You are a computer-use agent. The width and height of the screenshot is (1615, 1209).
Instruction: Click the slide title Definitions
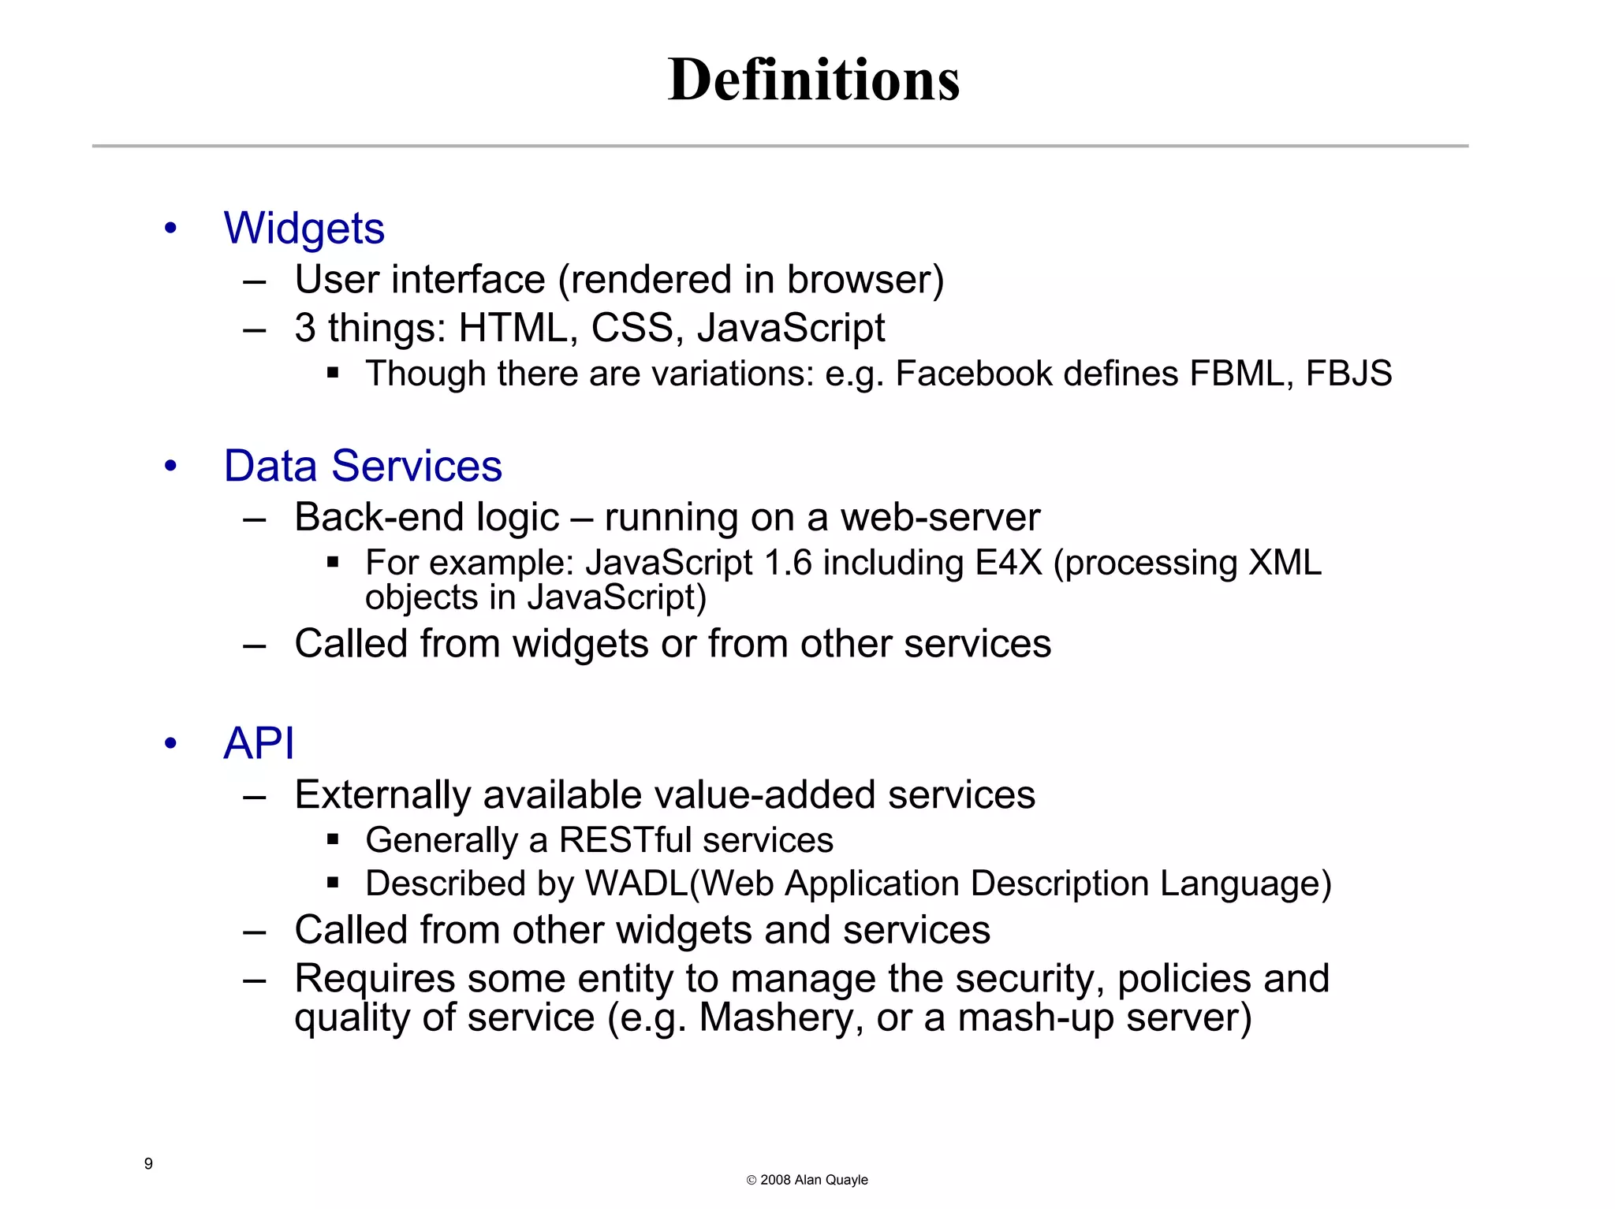(x=813, y=80)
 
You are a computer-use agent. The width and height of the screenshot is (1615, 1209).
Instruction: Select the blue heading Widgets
(x=304, y=229)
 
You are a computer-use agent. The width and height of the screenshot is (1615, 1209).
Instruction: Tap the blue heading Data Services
(x=363, y=466)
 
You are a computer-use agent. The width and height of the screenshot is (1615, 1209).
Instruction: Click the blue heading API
(x=259, y=743)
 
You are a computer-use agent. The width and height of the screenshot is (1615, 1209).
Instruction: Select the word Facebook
(x=973, y=374)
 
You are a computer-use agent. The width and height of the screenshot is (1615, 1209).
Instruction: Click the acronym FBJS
(x=1348, y=374)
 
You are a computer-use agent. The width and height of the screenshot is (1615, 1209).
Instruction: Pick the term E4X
(x=1009, y=564)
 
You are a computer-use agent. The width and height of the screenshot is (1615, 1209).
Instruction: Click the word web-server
(x=940, y=518)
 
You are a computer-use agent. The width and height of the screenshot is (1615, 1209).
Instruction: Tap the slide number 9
(x=148, y=1164)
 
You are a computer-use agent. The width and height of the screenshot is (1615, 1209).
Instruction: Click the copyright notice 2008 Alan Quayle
(x=807, y=1180)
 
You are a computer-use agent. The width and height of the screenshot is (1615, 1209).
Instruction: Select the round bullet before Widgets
(x=170, y=229)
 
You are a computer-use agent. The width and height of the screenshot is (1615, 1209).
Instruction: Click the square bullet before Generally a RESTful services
(x=333, y=840)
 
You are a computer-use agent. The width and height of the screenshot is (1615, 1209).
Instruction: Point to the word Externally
(x=382, y=795)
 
